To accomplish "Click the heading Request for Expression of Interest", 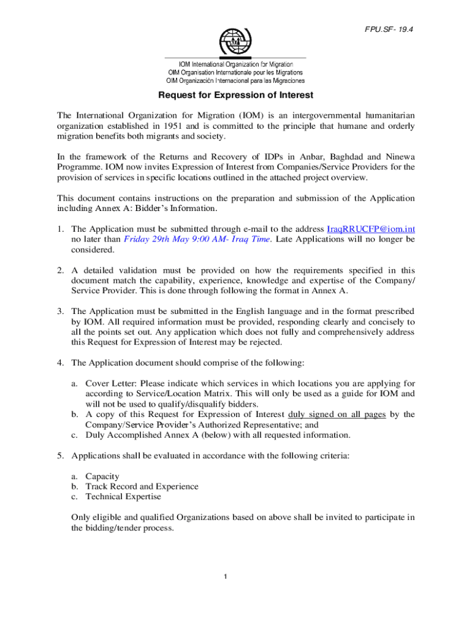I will (236, 95).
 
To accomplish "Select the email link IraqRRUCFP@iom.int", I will (371, 229).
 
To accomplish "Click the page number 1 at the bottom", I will (226, 577).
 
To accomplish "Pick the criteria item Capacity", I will (102, 476).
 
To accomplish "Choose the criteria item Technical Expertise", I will (123, 497).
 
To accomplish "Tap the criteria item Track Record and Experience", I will (142, 486).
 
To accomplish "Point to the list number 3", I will (60, 311).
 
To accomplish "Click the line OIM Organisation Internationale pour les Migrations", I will (235, 72).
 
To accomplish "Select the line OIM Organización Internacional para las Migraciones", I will (236, 80).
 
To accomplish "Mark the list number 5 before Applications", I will (60, 456).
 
